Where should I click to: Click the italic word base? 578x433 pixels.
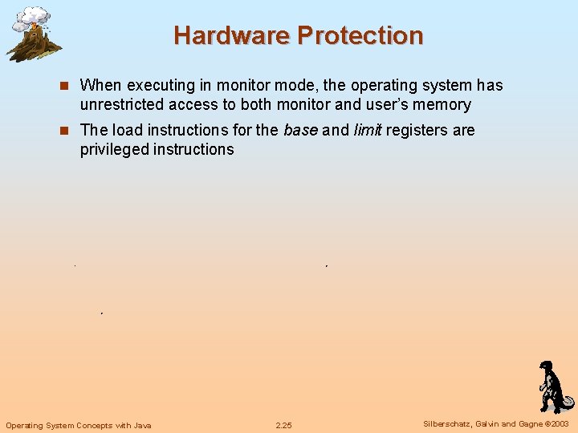[x=300, y=130]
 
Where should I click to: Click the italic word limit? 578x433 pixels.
[x=368, y=130]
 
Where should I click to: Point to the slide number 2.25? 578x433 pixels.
[x=283, y=425]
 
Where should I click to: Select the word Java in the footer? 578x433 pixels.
[x=143, y=425]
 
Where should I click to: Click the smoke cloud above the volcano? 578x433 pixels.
[x=33, y=16]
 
